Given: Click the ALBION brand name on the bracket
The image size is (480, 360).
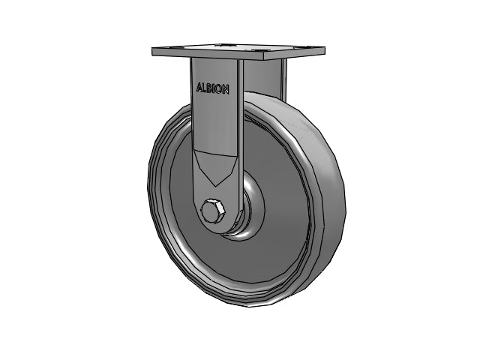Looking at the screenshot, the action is (x=212, y=88).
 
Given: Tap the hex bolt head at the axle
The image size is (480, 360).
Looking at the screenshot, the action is (x=213, y=211).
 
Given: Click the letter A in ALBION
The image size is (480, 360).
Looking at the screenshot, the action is (x=199, y=87).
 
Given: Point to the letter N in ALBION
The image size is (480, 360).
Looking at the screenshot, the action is (x=225, y=90).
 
